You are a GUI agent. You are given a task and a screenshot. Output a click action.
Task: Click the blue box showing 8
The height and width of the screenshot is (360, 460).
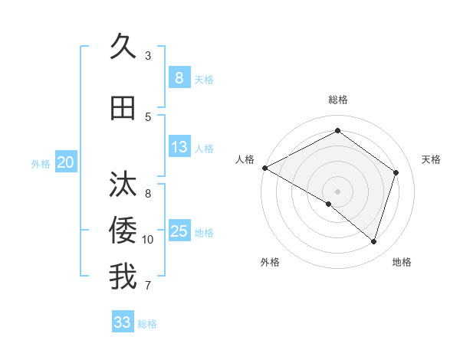point(179,78)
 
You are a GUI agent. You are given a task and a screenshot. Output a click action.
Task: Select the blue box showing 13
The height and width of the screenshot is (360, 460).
point(179,147)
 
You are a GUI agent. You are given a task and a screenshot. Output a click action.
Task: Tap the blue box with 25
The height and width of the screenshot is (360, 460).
point(179,231)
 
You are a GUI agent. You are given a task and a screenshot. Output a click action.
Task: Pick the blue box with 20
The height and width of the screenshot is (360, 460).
point(65,162)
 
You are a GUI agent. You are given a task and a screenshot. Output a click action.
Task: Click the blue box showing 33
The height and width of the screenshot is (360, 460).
point(123,322)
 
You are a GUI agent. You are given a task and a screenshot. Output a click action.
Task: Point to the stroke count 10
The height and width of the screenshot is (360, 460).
point(148,240)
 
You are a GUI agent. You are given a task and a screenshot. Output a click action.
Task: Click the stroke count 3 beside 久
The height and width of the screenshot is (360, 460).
point(148,56)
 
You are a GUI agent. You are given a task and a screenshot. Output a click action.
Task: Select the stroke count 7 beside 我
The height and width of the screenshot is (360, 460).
point(148,286)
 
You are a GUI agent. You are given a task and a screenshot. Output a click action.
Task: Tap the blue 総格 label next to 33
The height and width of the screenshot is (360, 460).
point(148,324)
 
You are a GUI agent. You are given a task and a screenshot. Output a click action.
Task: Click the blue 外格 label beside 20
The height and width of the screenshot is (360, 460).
point(41,163)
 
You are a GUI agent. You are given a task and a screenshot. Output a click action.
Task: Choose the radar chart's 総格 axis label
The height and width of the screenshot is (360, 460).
point(337,100)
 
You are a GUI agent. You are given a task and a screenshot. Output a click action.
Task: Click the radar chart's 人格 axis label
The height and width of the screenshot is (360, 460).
point(245,159)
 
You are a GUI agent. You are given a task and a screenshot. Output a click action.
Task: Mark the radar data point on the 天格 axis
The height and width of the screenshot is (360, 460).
point(396,172)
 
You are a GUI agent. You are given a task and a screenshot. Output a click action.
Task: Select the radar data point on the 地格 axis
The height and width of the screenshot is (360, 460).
point(373,241)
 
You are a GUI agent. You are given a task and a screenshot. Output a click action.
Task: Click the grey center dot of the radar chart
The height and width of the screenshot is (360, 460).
point(337,191)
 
